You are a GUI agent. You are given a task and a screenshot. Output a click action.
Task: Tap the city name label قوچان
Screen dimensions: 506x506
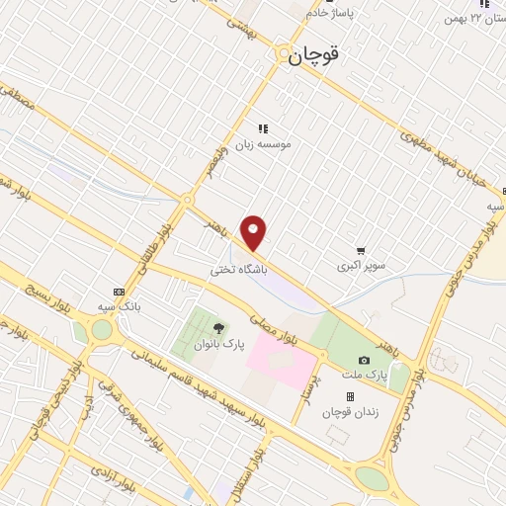coord(314,56)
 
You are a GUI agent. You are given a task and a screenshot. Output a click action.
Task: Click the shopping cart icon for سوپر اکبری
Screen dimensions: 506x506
coord(361,251)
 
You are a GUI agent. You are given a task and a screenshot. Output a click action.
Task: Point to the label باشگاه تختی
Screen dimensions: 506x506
coord(240,269)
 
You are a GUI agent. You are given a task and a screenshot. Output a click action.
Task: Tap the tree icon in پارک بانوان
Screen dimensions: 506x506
coord(218,328)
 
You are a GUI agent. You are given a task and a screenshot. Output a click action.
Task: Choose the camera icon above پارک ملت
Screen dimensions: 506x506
coord(364,361)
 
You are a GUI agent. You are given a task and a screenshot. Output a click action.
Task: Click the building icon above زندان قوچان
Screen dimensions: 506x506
coord(350,396)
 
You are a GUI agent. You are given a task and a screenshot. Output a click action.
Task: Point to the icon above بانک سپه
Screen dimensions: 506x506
coord(120,292)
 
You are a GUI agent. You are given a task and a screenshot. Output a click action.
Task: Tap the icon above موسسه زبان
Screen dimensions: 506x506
coord(263,127)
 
